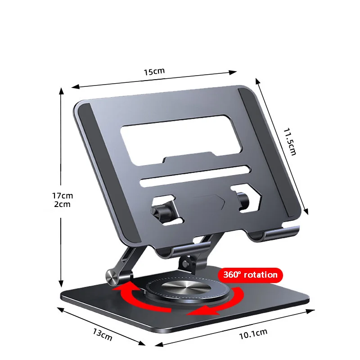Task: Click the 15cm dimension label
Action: click(154, 72)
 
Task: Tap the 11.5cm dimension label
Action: click(290, 142)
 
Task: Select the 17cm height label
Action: click(63, 196)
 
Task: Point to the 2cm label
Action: click(62, 204)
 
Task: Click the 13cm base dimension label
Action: click(103, 334)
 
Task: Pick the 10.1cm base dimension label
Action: click(253, 334)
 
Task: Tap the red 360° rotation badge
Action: click(250, 275)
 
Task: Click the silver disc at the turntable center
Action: click(186, 288)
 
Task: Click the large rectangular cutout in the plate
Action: click(181, 140)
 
